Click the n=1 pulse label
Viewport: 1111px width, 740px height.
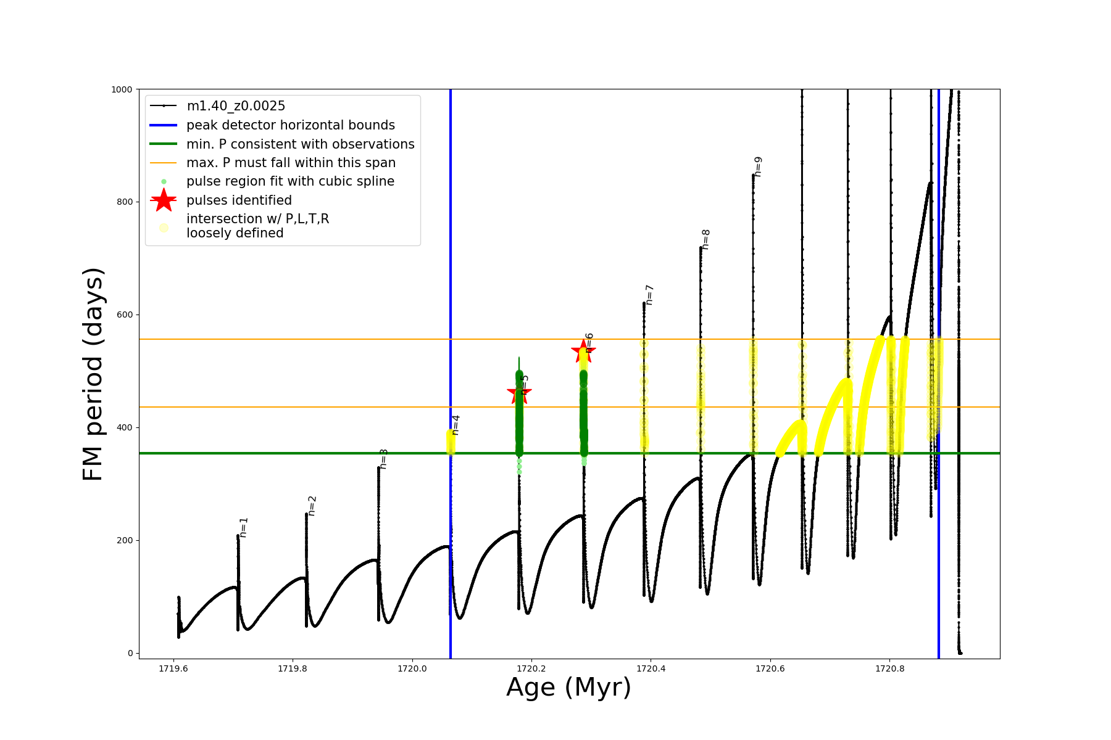(244, 527)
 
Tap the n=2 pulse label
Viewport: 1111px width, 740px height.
(312, 506)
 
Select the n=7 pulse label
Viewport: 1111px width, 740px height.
(649, 295)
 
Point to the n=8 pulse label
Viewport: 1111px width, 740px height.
(706, 239)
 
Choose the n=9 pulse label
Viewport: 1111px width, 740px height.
(759, 166)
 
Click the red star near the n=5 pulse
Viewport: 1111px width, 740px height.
(519, 393)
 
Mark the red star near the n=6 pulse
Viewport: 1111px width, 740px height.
(583, 351)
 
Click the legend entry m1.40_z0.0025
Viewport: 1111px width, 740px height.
(236, 106)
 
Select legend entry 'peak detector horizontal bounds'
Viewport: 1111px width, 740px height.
(291, 125)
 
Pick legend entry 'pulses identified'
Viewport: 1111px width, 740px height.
(239, 200)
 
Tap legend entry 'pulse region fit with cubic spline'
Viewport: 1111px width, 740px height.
(290, 181)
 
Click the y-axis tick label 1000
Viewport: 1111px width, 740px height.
(122, 89)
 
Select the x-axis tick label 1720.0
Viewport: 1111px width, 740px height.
(412, 668)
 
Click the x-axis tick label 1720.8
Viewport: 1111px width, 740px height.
(889, 668)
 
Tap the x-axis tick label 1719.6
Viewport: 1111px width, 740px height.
(173, 668)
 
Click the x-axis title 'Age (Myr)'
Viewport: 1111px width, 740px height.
(568, 688)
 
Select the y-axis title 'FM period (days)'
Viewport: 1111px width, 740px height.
(93, 374)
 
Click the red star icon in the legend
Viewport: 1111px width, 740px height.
(164, 200)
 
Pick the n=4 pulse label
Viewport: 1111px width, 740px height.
(456, 425)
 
